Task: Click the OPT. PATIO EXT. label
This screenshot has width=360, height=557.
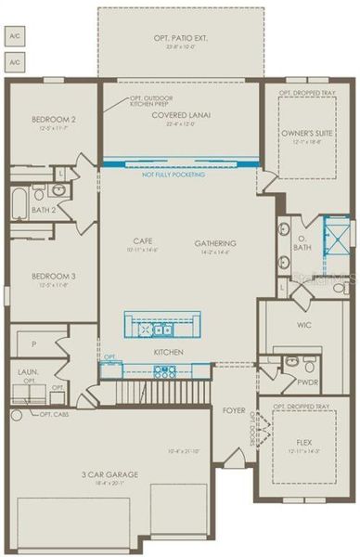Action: [x=180, y=40]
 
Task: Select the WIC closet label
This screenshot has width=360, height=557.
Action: [x=303, y=325]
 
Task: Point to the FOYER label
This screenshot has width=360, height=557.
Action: [x=232, y=409]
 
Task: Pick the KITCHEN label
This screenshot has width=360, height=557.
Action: [x=168, y=352]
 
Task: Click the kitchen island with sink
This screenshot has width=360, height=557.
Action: [x=163, y=326]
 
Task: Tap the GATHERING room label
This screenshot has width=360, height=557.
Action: [x=212, y=243]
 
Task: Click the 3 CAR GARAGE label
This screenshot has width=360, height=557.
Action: [x=109, y=474]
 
